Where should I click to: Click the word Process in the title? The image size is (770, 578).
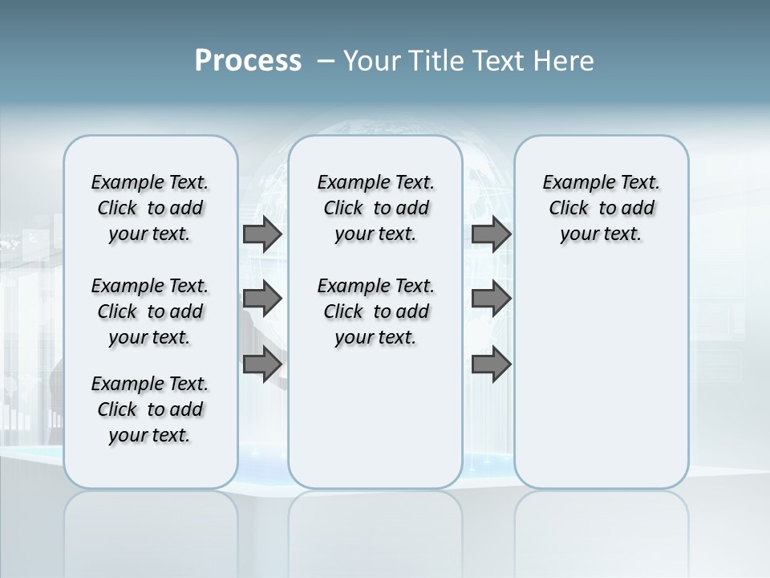(x=248, y=61)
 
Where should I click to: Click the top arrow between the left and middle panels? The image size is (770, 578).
(x=262, y=234)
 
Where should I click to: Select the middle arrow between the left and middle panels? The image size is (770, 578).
(x=262, y=299)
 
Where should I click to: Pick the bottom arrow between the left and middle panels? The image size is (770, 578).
(x=262, y=364)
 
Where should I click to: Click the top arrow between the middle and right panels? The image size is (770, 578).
(x=491, y=234)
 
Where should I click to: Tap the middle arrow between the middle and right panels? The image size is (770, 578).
(x=491, y=299)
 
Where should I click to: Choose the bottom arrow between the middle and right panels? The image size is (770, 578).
(x=491, y=364)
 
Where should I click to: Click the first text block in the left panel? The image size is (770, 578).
(x=150, y=208)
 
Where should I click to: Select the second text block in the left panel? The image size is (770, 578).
(x=150, y=311)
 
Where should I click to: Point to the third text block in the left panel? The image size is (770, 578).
(x=150, y=409)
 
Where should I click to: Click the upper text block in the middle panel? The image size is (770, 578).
(x=375, y=208)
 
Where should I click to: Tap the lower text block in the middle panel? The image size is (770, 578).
(x=375, y=311)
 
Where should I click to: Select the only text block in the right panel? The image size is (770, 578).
(x=601, y=208)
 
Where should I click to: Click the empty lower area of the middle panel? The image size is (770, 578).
(x=375, y=417)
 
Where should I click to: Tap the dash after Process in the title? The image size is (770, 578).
(x=326, y=61)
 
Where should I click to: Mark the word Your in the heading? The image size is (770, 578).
(x=372, y=61)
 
